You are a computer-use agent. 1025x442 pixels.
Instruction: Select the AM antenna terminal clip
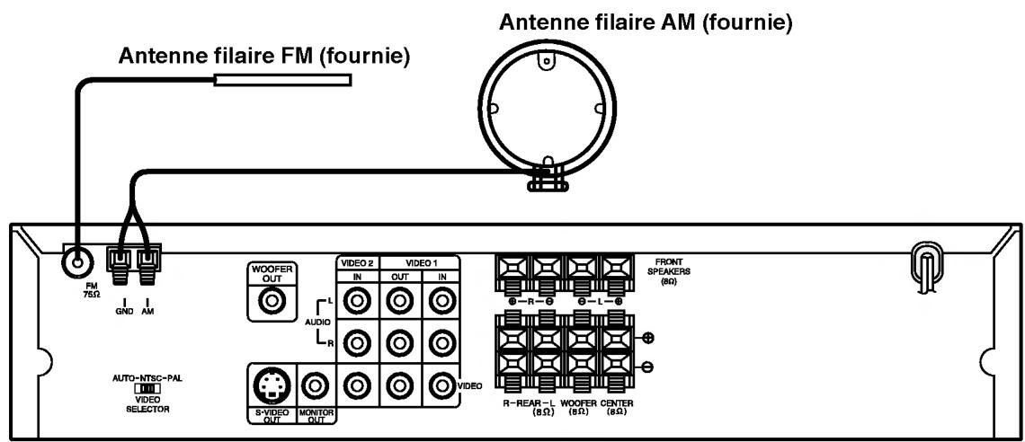coord(146,262)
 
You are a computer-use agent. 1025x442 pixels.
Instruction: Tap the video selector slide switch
coord(147,389)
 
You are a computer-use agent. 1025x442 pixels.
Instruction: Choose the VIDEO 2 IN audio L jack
coord(358,304)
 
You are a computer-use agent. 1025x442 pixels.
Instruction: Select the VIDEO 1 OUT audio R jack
coord(399,342)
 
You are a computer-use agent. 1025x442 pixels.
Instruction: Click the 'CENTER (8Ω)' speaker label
coord(616,409)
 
